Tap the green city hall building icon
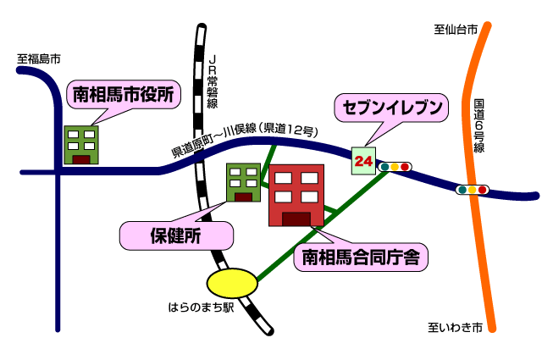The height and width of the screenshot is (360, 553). pyautogui.click(x=81, y=144)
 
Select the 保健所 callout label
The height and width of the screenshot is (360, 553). pyautogui.click(x=175, y=236)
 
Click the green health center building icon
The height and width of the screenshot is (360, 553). pyautogui.click(x=243, y=182)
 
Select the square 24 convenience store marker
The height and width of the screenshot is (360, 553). pyautogui.click(x=363, y=160)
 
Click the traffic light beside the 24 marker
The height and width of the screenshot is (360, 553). pyautogui.click(x=395, y=167)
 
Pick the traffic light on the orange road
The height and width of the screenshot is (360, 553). pyautogui.click(x=473, y=190)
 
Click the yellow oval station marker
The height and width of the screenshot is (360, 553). pyautogui.click(x=231, y=281)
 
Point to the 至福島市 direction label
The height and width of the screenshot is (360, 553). pyautogui.click(x=39, y=59)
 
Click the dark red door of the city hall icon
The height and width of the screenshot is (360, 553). pyautogui.click(x=81, y=158)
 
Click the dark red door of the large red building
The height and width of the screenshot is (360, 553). pyautogui.click(x=296, y=219)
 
